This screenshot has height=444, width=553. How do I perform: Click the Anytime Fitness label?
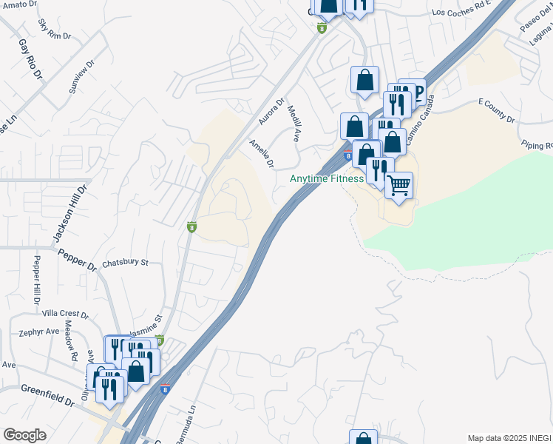point(326,179)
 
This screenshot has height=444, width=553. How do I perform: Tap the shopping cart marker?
point(398,185)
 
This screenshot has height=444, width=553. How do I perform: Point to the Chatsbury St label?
point(126,263)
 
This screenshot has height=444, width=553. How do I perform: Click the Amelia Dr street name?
point(262,153)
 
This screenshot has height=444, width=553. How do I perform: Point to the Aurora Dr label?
point(271,111)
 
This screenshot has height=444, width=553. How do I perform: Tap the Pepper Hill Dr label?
point(35,280)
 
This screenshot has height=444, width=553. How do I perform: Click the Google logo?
point(24,435)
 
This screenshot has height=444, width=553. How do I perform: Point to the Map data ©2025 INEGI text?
point(509,438)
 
